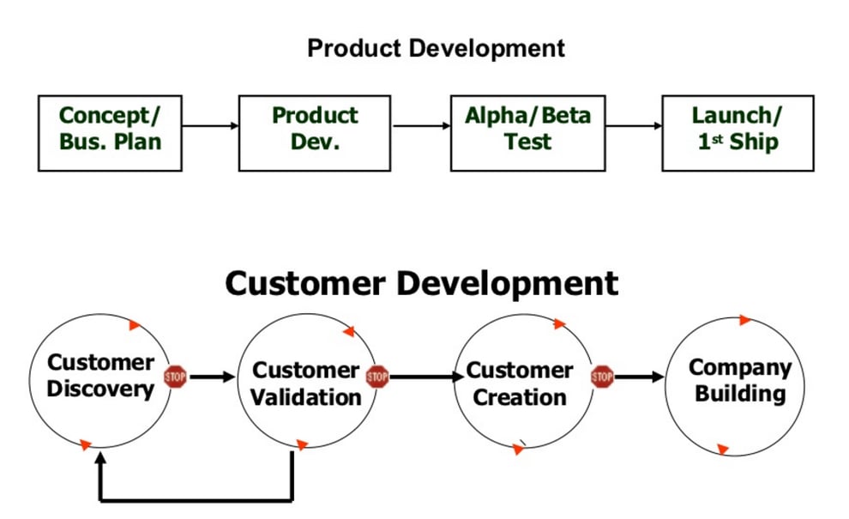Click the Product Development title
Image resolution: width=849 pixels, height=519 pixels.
(x=436, y=48)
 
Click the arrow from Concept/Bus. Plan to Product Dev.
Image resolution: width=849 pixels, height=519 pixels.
(x=210, y=126)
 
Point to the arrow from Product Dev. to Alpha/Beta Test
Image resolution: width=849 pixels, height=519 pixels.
(x=421, y=126)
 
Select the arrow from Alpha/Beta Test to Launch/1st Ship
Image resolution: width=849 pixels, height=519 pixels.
(x=634, y=126)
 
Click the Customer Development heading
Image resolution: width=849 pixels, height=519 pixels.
(x=421, y=283)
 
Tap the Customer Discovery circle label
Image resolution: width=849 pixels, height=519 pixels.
(x=100, y=376)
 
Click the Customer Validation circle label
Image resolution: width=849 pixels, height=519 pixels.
(x=306, y=384)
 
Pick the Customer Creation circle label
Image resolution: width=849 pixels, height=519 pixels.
(x=520, y=384)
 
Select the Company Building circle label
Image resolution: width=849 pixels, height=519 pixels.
(x=739, y=380)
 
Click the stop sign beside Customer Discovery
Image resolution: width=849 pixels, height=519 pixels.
(x=175, y=376)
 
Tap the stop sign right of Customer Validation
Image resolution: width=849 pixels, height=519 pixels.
(x=377, y=376)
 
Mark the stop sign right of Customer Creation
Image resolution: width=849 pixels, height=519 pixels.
(x=602, y=376)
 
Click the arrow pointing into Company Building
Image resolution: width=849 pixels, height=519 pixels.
(x=640, y=376)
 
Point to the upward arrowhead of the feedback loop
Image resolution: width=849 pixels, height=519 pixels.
(x=101, y=459)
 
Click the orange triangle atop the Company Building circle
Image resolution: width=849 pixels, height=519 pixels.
(x=745, y=320)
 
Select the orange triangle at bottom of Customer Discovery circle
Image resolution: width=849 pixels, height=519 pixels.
(x=85, y=444)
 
